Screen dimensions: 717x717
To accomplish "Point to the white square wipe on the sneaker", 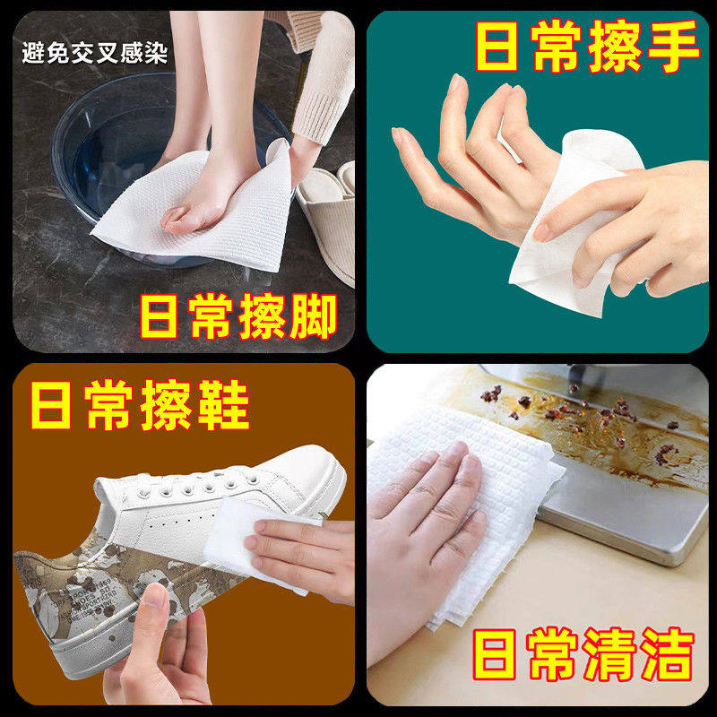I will [235, 538].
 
